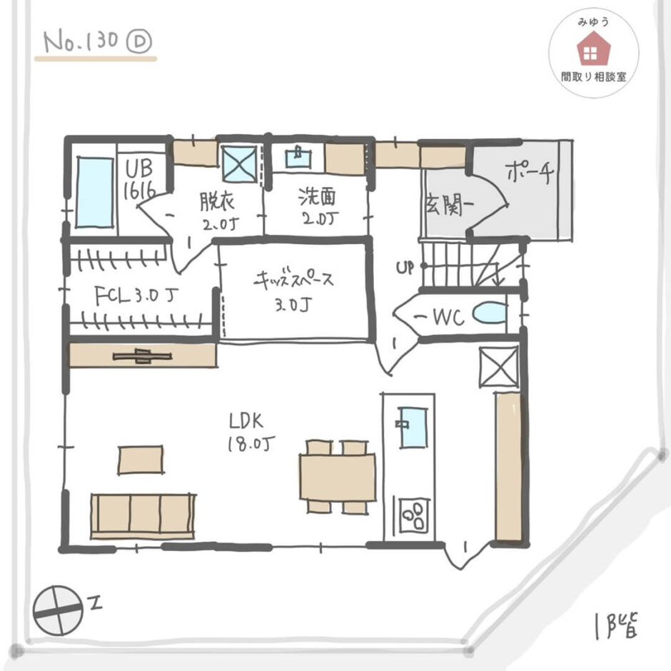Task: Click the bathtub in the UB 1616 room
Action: click(x=94, y=192)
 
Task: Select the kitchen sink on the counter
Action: click(x=413, y=428)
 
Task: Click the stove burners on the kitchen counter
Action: click(x=414, y=515)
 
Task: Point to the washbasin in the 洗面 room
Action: click(x=298, y=158)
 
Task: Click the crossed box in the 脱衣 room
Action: click(x=240, y=163)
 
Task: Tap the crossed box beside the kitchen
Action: click(x=498, y=367)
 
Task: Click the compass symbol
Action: click(x=58, y=610)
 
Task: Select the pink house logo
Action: click(x=593, y=49)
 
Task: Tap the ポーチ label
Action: click(x=530, y=173)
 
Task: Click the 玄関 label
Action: click(x=449, y=205)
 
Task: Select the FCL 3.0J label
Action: click(x=136, y=296)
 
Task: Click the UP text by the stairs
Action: click(x=405, y=268)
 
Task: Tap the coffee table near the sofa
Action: click(x=141, y=460)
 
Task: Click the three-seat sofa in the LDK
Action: click(x=143, y=516)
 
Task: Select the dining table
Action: click(x=338, y=477)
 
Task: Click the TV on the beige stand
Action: click(x=143, y=356)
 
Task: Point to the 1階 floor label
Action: click(x=616, y=626)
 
